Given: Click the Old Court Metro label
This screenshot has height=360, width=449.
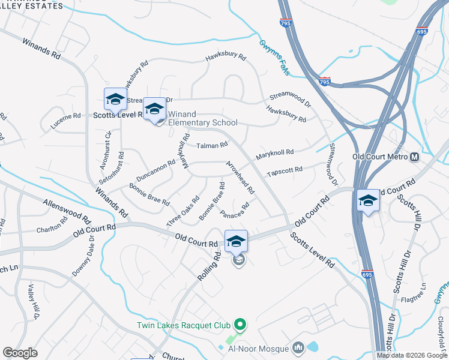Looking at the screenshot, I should pos(380,157).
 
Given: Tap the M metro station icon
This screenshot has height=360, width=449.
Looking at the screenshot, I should pos(414,157).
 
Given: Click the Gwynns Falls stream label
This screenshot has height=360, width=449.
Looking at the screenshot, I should pos(274,58).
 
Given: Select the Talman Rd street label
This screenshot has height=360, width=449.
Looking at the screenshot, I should pos(213,145).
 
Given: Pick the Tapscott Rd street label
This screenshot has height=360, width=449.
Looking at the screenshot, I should pos(285,170).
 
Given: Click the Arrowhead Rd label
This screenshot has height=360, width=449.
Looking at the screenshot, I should pos(240,176).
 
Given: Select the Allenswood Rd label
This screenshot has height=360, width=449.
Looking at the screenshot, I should pos(66,209).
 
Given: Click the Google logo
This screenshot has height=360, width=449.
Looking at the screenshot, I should pos(20,353).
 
